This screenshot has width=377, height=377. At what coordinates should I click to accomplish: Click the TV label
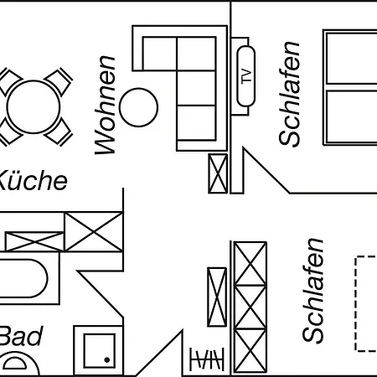[x=246, y=75]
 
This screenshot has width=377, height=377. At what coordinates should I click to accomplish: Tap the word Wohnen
[x=105, y=105]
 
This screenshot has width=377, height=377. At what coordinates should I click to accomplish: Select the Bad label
[x=21, y=336]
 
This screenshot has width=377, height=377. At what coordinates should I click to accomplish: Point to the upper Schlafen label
[x=290, y=94]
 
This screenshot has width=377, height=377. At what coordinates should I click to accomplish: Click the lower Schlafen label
[x=313, y=290]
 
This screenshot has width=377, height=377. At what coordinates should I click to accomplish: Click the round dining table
[x=34, y=106]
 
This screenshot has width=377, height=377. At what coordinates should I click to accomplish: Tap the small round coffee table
[x=138, y=107]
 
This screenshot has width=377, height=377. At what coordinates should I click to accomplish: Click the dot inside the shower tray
[x=107, y=359]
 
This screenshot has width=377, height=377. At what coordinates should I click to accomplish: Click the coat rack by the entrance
[x=207, y=359]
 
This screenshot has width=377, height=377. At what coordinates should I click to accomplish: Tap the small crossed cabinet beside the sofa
[x=218, y=173]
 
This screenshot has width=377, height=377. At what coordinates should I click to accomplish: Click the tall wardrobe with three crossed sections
[x=250, y=307]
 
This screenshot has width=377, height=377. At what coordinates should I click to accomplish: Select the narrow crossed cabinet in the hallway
[x=217, y=297]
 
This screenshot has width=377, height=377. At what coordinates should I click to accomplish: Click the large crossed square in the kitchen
[x=94, y=232]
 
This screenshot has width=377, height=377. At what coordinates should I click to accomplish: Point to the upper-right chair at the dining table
[x=59, y=80]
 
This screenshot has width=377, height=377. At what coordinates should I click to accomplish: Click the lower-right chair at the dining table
[x=59, y=132]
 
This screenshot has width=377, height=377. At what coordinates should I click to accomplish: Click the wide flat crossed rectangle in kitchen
[x=34, y=241]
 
